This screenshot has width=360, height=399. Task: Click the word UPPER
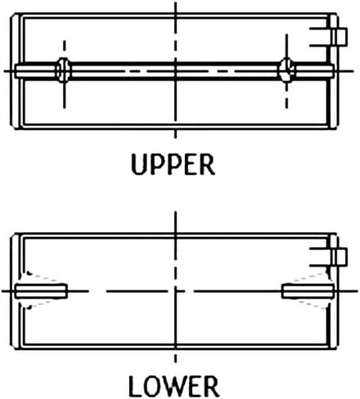[x=173, y=164]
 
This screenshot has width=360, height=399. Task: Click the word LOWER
[x=173, y=386]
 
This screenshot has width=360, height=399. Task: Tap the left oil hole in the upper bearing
[x=63, y=70]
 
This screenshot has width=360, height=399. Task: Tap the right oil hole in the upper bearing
[x=286, y=70]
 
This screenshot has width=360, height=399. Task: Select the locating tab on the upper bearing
[x=340, y=37]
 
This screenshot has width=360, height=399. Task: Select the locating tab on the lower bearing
[x=340, y=257]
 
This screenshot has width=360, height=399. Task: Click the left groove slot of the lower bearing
[x=41, y=291]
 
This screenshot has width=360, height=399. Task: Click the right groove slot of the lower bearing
[x=308, y=291]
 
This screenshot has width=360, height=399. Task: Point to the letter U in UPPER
[x=139, y=164]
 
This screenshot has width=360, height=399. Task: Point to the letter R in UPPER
[x=208, y=164]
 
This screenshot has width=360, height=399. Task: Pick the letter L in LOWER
[x=135, y=386]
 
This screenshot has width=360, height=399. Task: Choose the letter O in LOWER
[x=151, y=386]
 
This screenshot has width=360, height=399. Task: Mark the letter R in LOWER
[x=211, y=386]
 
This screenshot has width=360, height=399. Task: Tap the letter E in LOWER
[x=195, y=386]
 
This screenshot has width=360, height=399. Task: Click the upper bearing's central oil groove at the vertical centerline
[x=175, y=71]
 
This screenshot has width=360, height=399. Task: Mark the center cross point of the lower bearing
[x=175, y=291]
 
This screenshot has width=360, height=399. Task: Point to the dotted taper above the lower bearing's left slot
[x=41, y=276]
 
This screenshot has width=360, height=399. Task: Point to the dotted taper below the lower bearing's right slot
[x=311, y=304]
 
